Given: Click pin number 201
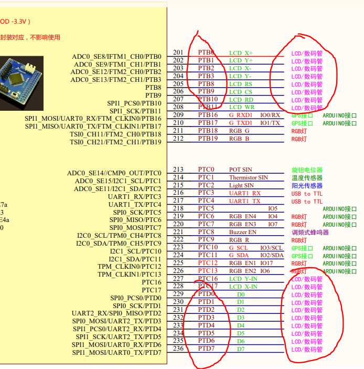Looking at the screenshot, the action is click(178, 52).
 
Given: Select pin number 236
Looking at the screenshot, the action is click(178, 349).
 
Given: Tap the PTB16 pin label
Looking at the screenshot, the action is click(208, 115).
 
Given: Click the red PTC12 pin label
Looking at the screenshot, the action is click(208, 263).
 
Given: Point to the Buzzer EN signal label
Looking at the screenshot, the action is click(243, 232).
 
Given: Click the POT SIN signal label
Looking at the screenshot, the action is click(240, 170).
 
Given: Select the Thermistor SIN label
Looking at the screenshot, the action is click(249, 177).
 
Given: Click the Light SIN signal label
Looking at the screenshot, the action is click(241, 185).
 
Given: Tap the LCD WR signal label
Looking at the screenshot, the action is click(242, 107).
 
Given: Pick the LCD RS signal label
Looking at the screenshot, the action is click(241, 84).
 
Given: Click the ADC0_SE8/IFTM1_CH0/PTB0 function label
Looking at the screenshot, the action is click(116, 57).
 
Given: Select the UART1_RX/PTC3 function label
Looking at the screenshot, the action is click(134, 196).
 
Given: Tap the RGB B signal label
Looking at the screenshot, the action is click(239, 139).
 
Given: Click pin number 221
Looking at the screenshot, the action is click(178, 232).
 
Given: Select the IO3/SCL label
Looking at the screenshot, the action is click(271, 248).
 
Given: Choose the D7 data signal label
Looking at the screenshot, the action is click(240, 349).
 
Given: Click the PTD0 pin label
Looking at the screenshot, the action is click(206, 294).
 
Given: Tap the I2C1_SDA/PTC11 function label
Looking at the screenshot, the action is click(135, 259).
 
